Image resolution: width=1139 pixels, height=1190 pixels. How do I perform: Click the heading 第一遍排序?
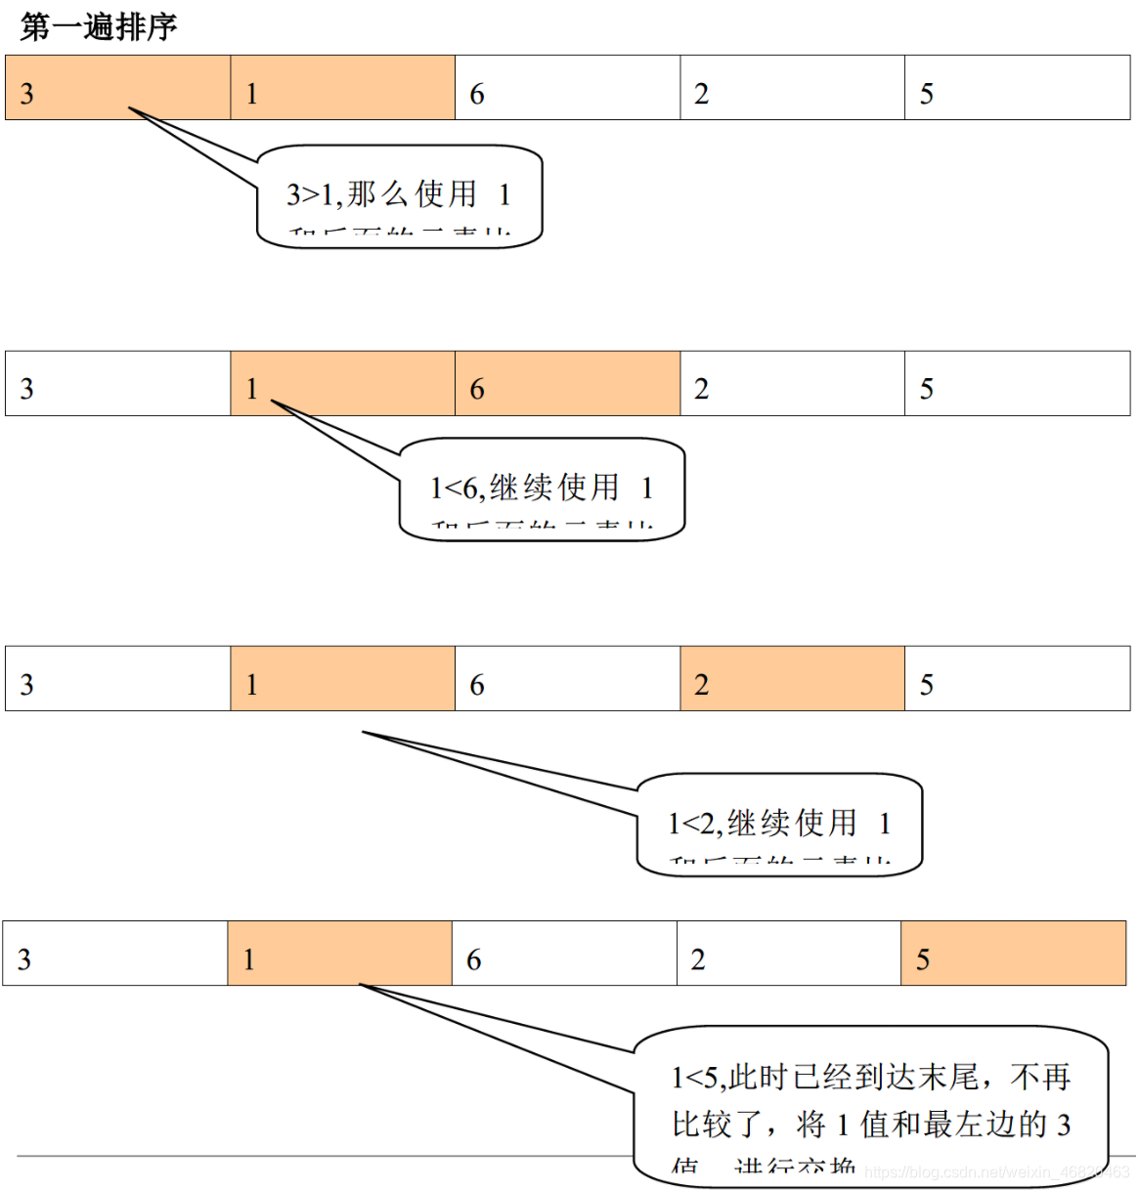99,26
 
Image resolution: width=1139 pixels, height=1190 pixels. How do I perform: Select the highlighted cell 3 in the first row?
117,88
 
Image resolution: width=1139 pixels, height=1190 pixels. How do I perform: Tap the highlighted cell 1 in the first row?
342,88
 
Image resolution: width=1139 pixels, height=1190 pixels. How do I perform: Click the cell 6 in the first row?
567,88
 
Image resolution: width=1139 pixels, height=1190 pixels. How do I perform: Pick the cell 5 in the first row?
1017,88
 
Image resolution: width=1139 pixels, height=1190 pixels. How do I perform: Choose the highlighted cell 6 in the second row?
567,384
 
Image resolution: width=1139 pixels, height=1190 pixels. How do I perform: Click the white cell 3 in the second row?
117,384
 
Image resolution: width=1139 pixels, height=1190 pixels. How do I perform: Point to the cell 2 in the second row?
792,384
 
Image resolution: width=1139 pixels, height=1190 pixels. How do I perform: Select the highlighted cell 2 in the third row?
792,679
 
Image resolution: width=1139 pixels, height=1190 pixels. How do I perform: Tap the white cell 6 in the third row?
567,679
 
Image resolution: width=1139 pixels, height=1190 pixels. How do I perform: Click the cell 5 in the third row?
1017,679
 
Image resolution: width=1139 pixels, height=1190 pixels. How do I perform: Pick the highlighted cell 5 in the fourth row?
1013,954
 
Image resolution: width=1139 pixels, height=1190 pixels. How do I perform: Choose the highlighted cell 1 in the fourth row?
339,954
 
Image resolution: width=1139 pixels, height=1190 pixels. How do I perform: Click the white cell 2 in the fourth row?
788,954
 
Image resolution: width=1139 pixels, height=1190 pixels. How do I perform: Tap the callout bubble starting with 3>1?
399,195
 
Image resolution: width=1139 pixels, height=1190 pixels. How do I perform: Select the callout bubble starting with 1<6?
542,489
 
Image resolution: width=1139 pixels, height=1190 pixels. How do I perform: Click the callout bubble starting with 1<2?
779,824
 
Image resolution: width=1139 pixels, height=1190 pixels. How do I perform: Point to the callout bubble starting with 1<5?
870,1104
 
